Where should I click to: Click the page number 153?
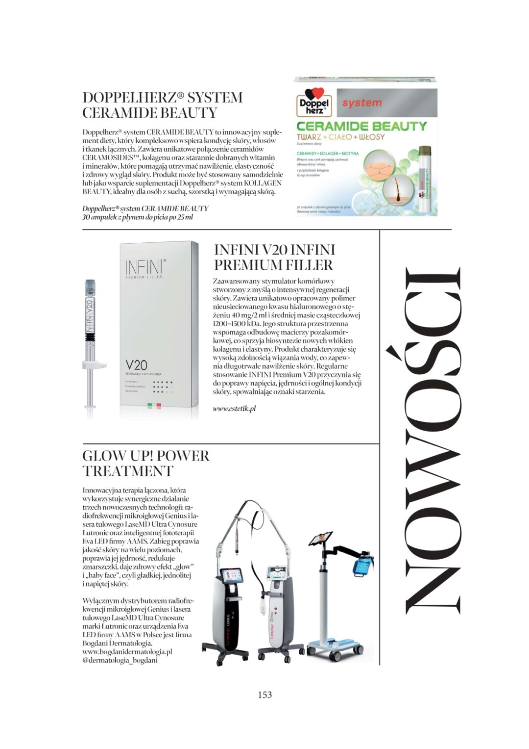pos(264,695)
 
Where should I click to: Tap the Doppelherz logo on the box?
pos(315,103)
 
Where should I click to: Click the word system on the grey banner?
pos(361,103)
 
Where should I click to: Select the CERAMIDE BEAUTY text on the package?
pos(362,126)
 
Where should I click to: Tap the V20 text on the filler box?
pos(136,365)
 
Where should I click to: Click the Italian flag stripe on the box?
pos(154,406)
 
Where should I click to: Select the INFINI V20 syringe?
pos(90,343)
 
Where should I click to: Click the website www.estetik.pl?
pos(234,409)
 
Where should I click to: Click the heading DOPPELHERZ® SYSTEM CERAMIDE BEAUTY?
pos(162,105)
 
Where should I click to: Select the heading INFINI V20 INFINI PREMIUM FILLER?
pos(274,257)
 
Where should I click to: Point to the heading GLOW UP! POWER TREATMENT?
pos(145,463)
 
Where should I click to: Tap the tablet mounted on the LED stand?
pos(321,539)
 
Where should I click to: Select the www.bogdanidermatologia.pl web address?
pos(127,652)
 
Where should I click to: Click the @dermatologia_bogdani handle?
pos(120,660)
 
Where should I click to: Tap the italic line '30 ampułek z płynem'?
pos(138,217)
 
